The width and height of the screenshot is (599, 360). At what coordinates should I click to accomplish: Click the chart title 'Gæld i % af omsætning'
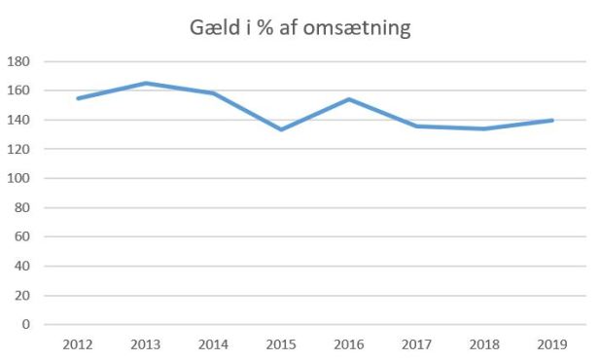299,29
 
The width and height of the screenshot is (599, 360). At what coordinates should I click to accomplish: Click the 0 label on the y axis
25,325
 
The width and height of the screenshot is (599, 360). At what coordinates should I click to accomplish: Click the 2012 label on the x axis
77,343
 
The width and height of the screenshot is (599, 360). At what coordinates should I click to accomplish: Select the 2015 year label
281,343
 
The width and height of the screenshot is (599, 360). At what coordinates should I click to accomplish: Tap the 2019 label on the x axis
552,343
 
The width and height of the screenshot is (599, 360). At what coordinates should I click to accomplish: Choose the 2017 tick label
416,343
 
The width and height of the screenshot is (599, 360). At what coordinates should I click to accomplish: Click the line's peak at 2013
145,84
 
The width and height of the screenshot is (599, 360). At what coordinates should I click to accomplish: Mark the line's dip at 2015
281,129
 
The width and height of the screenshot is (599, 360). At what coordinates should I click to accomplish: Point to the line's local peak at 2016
349,99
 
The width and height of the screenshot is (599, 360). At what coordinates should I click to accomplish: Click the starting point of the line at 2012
77,98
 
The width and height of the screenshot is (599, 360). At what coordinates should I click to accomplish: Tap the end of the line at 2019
552,121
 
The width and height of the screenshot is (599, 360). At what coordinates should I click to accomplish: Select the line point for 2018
484,128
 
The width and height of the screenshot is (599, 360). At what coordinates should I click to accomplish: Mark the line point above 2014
213,93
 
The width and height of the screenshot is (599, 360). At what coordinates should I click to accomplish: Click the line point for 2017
416,126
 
